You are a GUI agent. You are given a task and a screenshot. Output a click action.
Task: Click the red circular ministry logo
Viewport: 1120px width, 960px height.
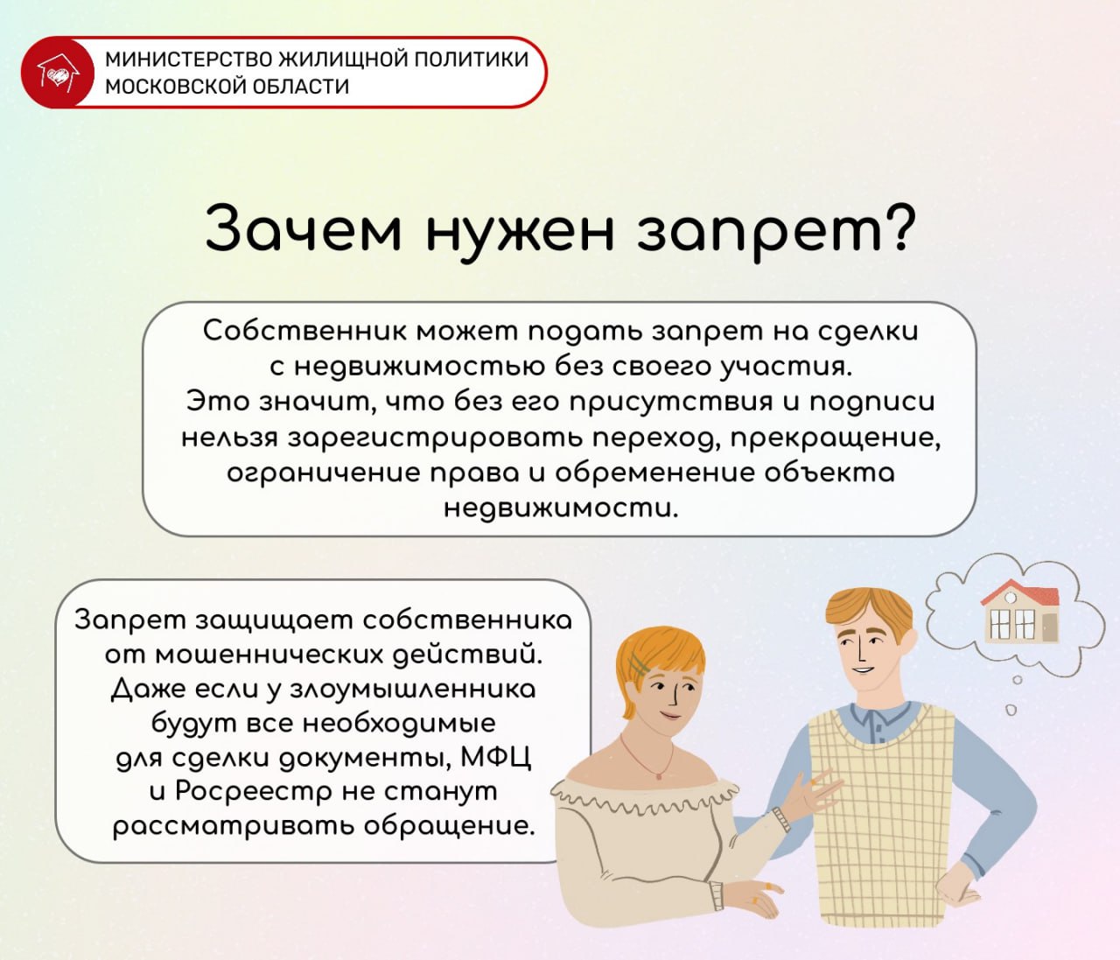[x=56, y=73]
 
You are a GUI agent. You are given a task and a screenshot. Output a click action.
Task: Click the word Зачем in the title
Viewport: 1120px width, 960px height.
[x=304, y=228]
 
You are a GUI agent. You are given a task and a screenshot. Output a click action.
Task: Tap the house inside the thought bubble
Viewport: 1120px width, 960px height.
[x=1019, y=612]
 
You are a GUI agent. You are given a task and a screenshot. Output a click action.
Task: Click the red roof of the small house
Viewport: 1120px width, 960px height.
[x=1019, y=593]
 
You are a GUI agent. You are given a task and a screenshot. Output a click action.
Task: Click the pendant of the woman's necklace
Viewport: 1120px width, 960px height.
[x=659, y=776]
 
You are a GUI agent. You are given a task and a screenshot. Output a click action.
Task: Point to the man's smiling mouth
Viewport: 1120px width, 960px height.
[x=862, y=670]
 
